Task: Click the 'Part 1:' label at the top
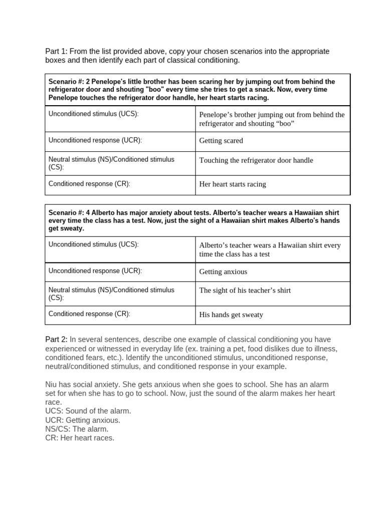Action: tap(56, 52)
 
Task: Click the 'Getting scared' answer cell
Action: tap(221, 141)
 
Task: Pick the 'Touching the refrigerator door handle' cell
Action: tap(256, 160)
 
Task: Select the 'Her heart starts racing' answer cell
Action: tap(233, 184)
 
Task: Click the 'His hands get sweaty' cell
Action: tap(231, 315)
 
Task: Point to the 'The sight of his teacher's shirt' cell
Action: tap(245, 290)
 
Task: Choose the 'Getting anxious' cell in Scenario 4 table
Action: tap(223, 272)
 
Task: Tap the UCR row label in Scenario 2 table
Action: tap(95, 140)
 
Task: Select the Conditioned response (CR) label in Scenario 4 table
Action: tap(89, 314)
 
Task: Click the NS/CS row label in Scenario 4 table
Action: tap(111, 294)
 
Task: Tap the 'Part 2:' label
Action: tap(56, 340)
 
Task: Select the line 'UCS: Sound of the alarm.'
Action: tap(88, 411)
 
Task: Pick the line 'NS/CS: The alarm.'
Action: tap(77, 429)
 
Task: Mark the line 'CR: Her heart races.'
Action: tap(80, 438)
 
